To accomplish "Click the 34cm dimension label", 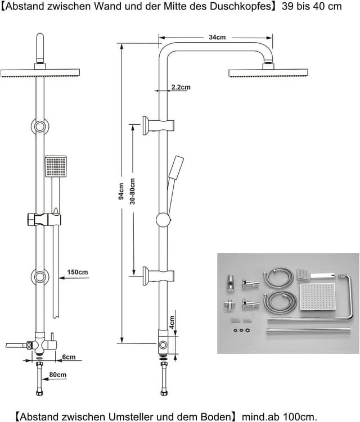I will click(x=217, y=37).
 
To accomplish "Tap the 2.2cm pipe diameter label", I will click(x=181, y=87).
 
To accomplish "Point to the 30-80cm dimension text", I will click(x=133, y=192).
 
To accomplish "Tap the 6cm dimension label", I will click(x=69, y=357).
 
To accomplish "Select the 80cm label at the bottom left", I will click(x=57, y=375).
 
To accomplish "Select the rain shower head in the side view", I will click(x=268, y=72).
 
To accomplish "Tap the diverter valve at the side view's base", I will click(x=162, y=346).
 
